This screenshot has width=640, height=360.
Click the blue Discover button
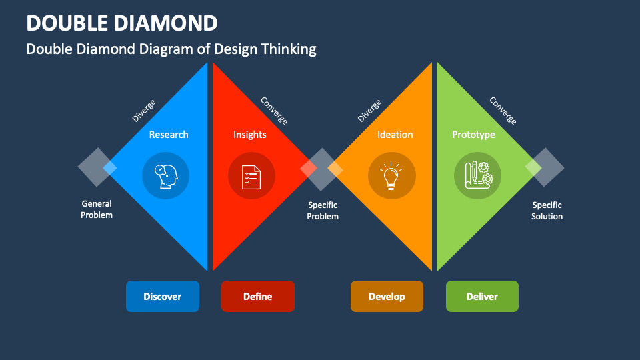tap(163, 296)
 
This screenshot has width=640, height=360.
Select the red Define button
tap(257, 296)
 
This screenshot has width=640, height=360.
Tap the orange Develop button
tap(387, 296)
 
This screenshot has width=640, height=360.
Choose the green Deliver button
tap(482, 296)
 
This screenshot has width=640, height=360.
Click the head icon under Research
tap(165, 176)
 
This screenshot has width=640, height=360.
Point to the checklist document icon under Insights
tap(251, 176)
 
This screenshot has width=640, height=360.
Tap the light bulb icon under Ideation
tap(392, 176)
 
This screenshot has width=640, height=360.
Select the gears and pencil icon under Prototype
tap(478, 176)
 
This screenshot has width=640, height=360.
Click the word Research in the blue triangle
tap(169, 135)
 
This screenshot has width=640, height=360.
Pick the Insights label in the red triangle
tap(250, 135)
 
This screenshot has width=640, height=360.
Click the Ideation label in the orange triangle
tap(395, 135)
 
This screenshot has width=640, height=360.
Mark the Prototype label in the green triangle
tap(474, 135)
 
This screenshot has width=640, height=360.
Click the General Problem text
tap(97, 209)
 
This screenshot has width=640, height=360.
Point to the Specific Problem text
tap(323, 211)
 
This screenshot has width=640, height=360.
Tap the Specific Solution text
tap(547, 211)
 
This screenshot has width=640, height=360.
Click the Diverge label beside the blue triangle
tap(144, 111)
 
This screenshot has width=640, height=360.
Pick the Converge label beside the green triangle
tap(503, 111)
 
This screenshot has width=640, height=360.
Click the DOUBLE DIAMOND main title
tap(122, 23)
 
